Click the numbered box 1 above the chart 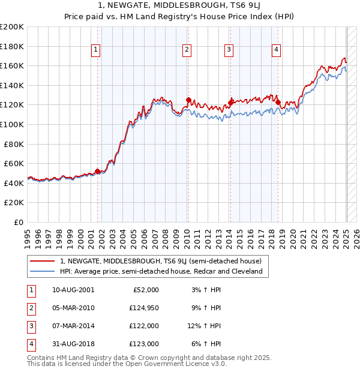point(97,50)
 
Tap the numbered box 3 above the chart point(229,50)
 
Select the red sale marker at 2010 point(188,100)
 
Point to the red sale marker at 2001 point(98,171)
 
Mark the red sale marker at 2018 point(278,102)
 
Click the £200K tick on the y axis point(12,27)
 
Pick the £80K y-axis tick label point(14,144)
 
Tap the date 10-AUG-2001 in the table point(74,290)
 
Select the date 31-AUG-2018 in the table point(74,344)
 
